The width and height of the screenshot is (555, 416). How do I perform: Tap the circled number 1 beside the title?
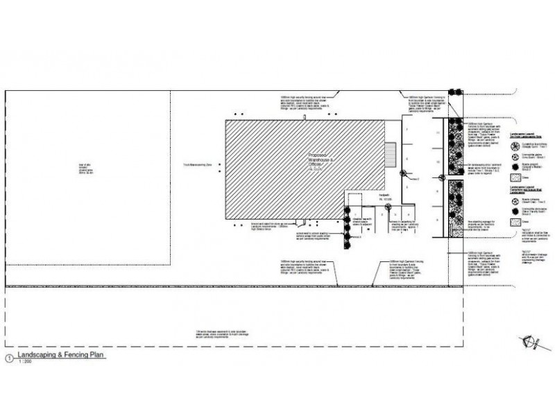pos(8,358)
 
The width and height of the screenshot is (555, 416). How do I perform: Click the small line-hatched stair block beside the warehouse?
pos(390,152)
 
